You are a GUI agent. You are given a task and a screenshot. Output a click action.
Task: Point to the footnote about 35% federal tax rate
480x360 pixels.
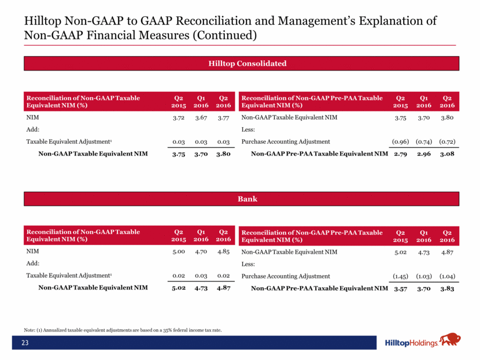[123, 330]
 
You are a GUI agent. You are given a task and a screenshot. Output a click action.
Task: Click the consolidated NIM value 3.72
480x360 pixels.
[179, 118]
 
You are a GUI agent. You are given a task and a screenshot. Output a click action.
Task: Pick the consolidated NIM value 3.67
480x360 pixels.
[201, 118]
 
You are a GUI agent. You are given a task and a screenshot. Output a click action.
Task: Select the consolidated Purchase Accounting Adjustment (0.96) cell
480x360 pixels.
[397, 142]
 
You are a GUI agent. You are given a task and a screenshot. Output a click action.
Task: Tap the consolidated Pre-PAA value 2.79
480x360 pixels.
[400, 154]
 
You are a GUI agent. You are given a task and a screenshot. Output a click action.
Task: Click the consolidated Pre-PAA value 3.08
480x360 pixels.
[446, 154]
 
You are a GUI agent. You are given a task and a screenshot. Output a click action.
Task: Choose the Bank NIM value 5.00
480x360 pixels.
[179, 252]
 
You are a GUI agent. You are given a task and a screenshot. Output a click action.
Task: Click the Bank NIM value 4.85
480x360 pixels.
[223, 252]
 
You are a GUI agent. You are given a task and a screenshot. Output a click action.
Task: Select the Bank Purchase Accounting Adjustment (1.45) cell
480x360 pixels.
[397, 276]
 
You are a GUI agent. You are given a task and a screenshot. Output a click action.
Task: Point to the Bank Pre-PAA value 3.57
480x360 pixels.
[400, 288]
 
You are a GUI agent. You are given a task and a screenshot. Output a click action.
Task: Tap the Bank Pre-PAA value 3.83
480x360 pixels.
[446, 288]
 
